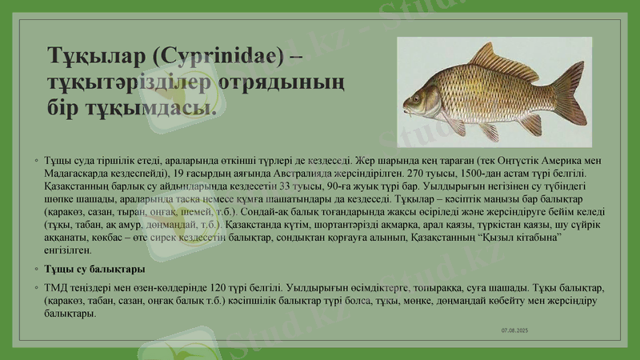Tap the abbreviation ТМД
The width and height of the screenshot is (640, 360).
pos(58,286)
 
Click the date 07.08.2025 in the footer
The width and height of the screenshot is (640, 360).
pos(515,330)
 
